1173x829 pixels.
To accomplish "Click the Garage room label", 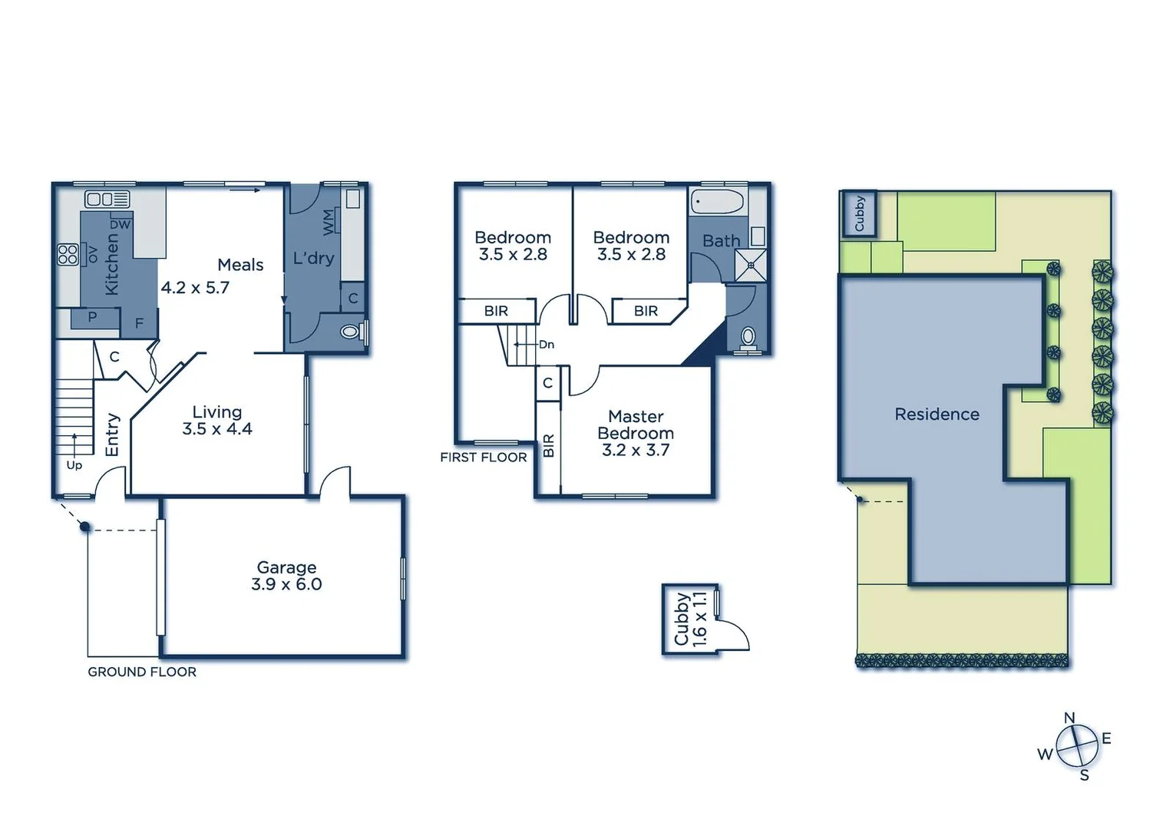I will point(286,576).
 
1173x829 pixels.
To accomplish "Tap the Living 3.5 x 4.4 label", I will point(217,421).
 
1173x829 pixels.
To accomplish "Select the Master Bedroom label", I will point(636,433).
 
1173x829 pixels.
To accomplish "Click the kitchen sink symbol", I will point(107,200).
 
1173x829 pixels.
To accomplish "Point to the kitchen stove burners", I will point(68,254).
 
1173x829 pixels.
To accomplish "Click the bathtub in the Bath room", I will point(717,203).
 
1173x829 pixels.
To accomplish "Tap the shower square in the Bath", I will point(750,265).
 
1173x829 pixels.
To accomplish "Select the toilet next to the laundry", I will point(350,332).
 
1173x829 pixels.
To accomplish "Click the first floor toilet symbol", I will point(748,336).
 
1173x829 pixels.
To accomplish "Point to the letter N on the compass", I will point(1069,718).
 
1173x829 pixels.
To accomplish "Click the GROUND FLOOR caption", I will point(142,672).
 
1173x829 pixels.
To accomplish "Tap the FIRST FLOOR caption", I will point(484,457).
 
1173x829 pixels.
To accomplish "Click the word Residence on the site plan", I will point(937,414).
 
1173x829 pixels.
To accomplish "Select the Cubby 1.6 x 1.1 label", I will point(689,619).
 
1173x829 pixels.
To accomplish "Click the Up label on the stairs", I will point(74,465).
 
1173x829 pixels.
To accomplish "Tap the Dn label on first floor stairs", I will point(546,345).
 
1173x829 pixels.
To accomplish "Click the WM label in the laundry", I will point(329,222).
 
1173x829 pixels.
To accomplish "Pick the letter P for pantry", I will point(92,316).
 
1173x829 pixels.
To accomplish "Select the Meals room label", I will point(240,265).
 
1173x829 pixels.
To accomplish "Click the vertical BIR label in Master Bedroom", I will point(548,445).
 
